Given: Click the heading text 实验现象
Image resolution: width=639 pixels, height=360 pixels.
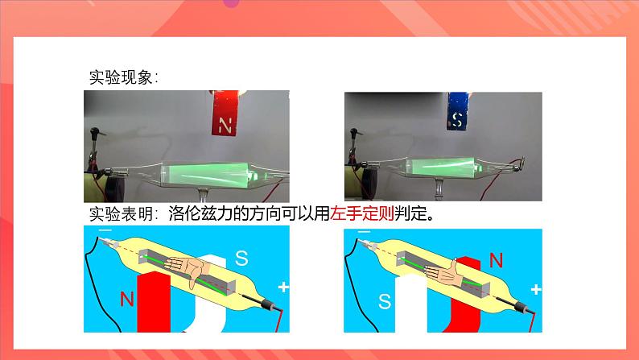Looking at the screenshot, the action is (121, 77).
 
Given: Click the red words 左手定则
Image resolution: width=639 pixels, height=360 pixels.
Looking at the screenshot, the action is (362, 213).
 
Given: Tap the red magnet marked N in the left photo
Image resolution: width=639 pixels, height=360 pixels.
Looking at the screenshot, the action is (225, 113).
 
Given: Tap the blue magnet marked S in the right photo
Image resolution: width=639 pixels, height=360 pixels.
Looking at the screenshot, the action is (457, 111).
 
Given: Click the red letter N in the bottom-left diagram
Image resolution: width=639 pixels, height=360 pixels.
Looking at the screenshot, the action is (126, 300).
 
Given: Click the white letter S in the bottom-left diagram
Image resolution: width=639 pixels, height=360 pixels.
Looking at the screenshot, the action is (241, 258).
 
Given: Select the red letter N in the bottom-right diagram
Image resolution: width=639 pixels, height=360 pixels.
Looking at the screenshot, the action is (496, 260).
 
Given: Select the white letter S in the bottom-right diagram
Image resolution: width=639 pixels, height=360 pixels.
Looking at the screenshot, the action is (385, 301).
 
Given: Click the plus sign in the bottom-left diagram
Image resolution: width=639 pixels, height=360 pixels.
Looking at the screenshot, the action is (283, 287).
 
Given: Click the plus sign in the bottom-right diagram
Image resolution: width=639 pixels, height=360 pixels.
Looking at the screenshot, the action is (536, 289).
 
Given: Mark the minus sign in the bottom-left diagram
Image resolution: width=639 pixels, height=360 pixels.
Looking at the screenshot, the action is (105, 230).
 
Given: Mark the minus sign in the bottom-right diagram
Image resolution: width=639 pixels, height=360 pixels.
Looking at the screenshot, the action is (364, 232).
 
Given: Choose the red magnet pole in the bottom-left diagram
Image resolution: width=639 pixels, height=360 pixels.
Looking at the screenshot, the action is (154, 303).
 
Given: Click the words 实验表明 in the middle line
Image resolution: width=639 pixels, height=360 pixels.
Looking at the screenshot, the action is (121, 213).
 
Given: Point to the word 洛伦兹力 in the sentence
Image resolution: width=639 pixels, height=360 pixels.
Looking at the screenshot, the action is (200, 213).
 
